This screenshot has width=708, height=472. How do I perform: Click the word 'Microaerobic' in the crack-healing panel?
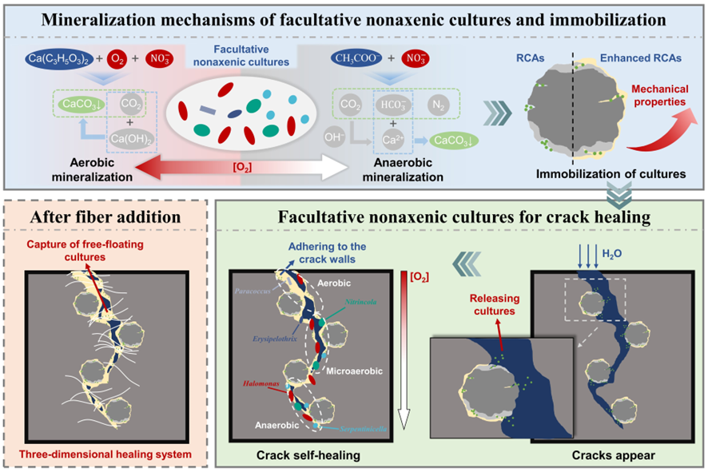(x=362, y=371)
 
